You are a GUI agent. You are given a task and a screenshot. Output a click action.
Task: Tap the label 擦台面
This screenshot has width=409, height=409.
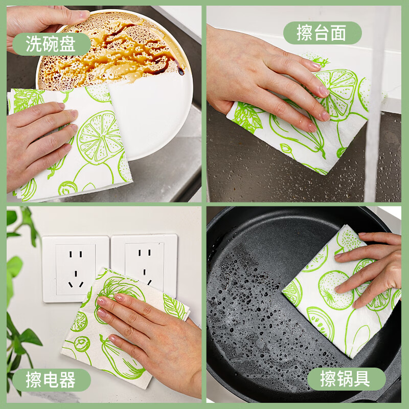[x=322, y=33]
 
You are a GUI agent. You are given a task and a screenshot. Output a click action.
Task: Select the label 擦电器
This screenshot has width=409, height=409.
[x=51, y=380]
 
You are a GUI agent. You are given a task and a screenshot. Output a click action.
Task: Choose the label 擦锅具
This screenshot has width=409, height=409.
[x=346, y=379]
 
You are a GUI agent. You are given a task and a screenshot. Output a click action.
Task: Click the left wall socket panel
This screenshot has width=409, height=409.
[x=75, y=268]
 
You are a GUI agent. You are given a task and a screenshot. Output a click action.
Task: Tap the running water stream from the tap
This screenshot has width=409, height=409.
[x=376, y=128]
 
